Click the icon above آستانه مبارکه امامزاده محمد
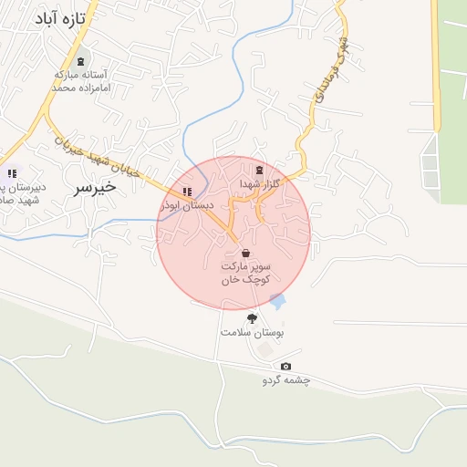(83, 61)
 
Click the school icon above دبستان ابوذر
(187, 192)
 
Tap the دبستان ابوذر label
(187, 206)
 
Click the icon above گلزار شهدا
(260, 170)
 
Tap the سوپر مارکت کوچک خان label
(246, 272)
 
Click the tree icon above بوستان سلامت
(252, 317)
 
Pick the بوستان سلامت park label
(253, 333)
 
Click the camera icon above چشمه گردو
(286, 366)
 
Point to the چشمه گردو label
(286, 379)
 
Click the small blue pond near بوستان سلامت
(277, 301)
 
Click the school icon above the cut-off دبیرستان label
(12, 172)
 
